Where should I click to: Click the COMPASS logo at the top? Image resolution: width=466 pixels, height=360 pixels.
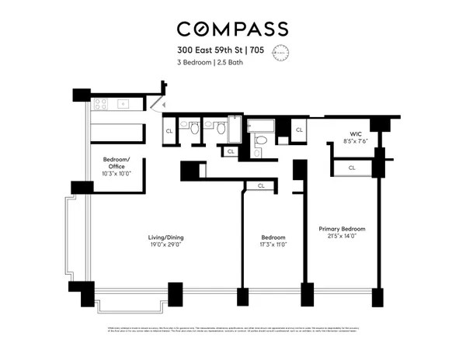click(x=232, y=29)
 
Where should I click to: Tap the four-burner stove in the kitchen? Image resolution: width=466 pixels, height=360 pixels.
click(x=99, y=103)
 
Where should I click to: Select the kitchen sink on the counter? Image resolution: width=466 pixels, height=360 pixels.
click(x=123, y=103)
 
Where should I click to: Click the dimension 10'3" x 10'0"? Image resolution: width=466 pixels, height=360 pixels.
click(x=116, y=172)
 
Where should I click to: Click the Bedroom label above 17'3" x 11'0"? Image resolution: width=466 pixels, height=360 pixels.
click(x=273, y=237)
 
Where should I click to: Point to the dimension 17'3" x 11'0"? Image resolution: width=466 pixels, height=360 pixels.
click(x=273, y=245)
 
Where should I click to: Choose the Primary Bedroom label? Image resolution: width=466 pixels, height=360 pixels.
click(x=342, y=230)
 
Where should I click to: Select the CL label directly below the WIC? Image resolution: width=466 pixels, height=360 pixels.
click(x=351, y=168)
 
